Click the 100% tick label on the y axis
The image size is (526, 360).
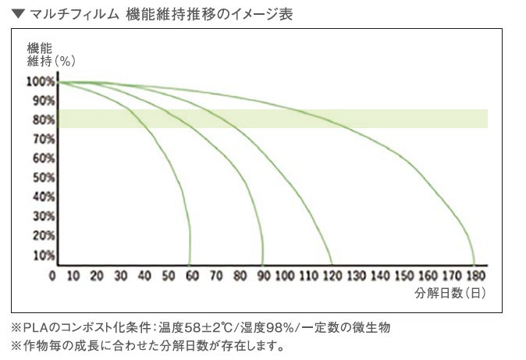41,81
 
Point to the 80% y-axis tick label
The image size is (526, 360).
43,119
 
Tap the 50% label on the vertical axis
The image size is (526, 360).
43,177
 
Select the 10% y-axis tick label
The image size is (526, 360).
43,255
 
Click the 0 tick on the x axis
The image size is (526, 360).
52,276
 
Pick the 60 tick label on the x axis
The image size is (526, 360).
192,276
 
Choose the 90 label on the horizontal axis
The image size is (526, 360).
264,276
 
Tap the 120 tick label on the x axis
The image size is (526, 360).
332,276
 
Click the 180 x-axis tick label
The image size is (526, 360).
476,276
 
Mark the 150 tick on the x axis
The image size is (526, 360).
404,276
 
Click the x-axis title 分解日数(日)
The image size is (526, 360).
450,293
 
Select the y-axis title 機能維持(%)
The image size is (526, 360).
51,55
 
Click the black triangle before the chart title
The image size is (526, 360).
19,14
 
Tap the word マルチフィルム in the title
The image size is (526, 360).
74,14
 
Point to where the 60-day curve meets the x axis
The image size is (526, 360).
190,265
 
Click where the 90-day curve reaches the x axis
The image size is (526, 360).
262,265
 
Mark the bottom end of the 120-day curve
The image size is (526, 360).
332,265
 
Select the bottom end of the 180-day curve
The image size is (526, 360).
474,265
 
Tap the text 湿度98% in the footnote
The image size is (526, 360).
268,327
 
